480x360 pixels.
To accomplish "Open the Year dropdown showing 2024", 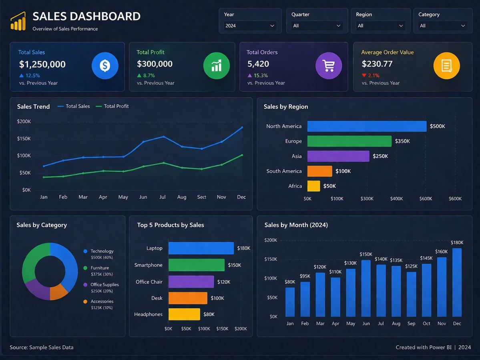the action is [250, 26].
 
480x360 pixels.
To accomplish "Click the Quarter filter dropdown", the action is [317, 26].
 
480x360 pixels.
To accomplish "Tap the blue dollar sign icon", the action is [105, 66].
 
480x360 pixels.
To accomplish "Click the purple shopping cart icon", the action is [329, 66].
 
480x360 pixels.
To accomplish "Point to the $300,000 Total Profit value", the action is [155, 64].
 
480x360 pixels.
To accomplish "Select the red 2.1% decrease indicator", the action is [370, 76].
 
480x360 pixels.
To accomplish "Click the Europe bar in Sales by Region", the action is [349, 141].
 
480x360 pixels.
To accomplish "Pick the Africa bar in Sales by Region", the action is [313, 186].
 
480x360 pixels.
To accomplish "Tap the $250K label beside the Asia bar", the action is [380, 156].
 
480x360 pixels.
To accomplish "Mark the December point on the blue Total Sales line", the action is [242, 127].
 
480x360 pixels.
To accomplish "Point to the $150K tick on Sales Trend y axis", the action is [24, 138].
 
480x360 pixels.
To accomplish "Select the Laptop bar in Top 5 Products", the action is [201, 248].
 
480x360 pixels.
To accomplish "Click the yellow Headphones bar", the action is [184, 314].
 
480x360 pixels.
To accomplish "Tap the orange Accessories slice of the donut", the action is [59, 292].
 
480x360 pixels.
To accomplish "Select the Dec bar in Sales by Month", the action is [457, 282].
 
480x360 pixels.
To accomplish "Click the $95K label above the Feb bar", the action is [305, 276].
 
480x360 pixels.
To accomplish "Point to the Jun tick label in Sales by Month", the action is [366, 323].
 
